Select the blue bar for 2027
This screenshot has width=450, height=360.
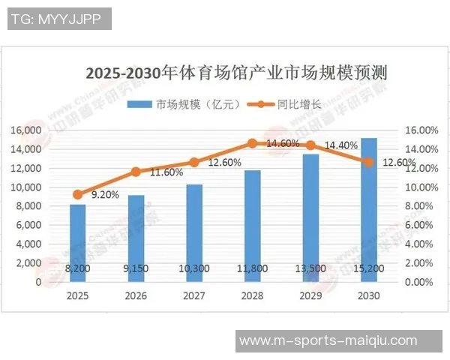coord(194,232)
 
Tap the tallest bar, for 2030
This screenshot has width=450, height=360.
coord(369,210)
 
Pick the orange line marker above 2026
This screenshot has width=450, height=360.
coord(136,172)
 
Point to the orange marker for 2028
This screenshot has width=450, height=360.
coord(253,142)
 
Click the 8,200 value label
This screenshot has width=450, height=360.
coord(78,268)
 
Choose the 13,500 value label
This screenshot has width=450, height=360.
coord(310,268)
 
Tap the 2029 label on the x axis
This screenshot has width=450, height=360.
coord(310,296)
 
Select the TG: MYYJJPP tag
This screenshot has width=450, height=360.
coord(59,19)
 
